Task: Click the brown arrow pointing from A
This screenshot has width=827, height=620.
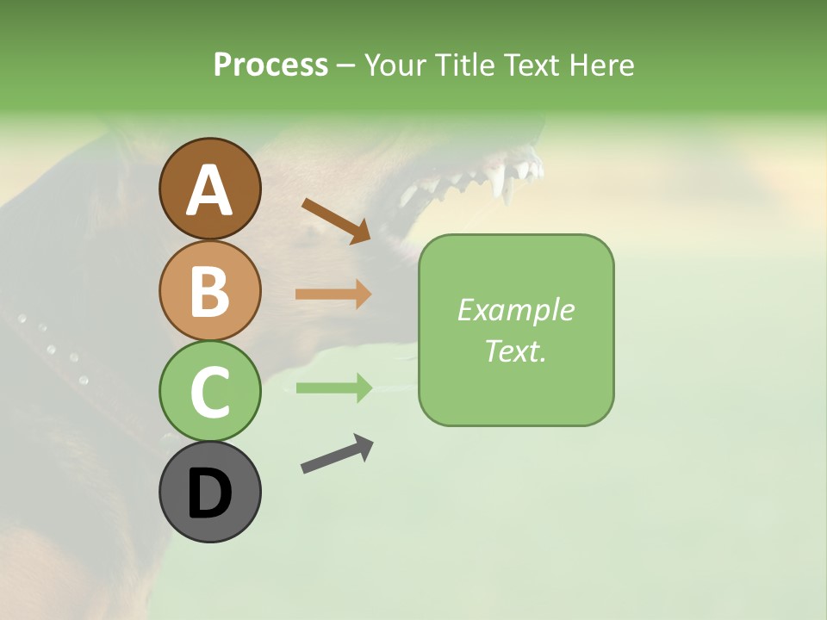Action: [x=336, y=220]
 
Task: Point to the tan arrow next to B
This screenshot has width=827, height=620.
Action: [x=333, y=294]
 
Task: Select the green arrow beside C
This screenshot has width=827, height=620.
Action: [x=333, y=387]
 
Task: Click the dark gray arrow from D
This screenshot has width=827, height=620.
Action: [x=337, y=454]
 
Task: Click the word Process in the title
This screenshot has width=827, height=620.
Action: [x=270, y=65]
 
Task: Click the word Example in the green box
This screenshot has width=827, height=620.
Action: [x=515, y=310]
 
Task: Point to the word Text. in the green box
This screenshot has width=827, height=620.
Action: [x=515, y=351]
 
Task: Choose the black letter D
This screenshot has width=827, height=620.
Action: [x=209, y=494]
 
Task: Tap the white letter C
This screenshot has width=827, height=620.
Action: [x=209, y=393]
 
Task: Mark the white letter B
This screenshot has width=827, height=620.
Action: [x=209, y=291]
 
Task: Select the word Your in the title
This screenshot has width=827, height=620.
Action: [x=396, y=65]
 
